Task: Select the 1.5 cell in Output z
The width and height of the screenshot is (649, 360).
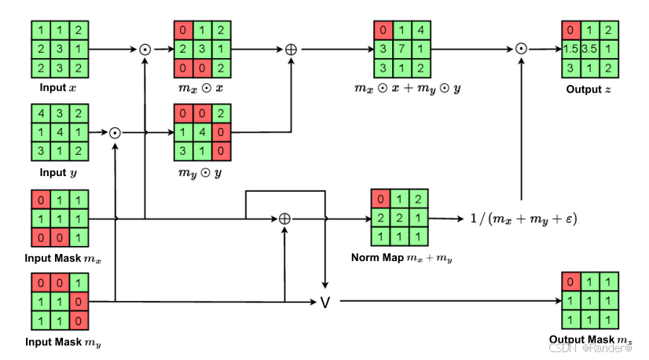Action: click(572, 50)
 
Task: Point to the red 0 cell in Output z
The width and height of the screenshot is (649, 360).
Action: click(572, 31)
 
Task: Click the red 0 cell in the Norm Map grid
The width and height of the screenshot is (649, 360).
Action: click(381, 198)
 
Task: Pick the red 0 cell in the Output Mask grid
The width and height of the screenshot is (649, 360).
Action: click(572, 281)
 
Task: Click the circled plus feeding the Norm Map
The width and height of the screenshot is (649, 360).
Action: click(284, 219)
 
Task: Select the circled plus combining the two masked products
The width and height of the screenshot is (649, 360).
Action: click(291, 49)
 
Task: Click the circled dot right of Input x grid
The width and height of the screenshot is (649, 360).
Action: click(145, 49)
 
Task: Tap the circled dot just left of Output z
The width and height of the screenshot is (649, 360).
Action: click(521, 49)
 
